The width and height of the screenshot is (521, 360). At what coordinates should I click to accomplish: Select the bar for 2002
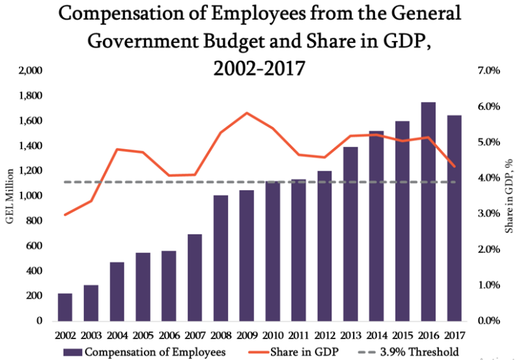tap(64, 307)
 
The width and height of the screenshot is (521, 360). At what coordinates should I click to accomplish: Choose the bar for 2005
tap(142, 286)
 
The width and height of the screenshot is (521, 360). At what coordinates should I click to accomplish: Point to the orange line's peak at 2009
tap(246, 113)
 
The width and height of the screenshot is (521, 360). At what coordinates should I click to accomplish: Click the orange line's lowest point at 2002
tap(64, 214)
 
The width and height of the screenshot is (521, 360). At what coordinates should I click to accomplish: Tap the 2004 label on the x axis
tap(117, 335)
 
